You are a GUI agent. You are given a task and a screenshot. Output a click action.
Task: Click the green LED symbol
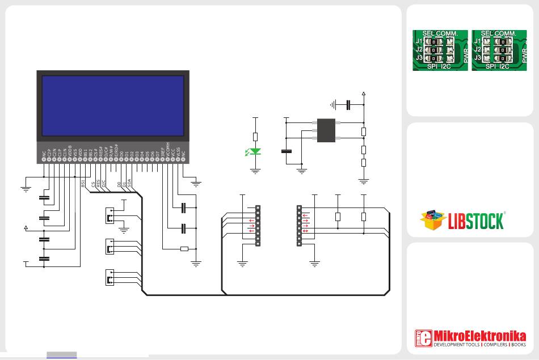point(255,151)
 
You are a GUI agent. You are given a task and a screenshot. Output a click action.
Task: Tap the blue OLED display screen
point(112,105)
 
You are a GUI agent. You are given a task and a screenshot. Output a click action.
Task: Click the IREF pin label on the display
point(163,151)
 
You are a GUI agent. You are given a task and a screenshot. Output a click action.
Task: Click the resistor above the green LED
point(255,137)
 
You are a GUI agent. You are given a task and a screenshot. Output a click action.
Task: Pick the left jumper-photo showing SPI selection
point(440,50)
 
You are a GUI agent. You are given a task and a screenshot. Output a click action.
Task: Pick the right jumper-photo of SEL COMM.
point(500,50)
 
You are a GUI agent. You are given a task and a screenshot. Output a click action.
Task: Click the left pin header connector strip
point(258,226)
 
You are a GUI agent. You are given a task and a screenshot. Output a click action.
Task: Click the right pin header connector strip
point(299,226)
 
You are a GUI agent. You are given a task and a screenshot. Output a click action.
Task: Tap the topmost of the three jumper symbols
point(110,215)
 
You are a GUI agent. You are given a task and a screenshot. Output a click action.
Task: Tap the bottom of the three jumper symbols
point(110,278)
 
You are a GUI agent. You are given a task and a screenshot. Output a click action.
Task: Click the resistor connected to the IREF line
point(184,248)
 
